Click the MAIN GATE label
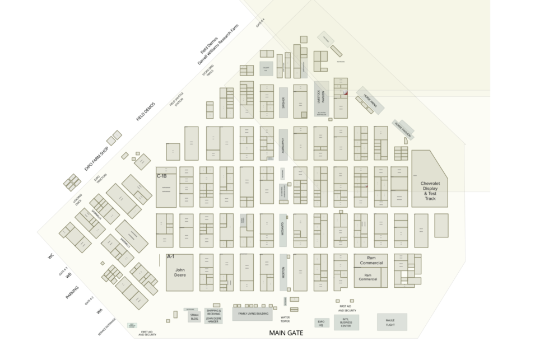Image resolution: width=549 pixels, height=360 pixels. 286,333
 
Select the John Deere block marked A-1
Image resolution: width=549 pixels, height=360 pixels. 179,273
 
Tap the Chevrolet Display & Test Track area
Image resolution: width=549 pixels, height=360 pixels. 430,191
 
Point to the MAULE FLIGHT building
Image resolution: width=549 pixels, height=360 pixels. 391,322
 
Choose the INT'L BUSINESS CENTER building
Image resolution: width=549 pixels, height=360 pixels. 346,322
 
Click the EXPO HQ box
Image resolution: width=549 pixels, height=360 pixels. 321,323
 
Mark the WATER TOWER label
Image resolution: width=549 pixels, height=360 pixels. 285,319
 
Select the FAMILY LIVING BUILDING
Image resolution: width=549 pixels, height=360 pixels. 252,314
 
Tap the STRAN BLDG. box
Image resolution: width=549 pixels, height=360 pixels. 194,317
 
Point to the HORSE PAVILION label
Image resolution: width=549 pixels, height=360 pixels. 404,129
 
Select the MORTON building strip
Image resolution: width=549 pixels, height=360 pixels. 283,273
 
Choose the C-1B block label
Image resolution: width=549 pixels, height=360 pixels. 162,176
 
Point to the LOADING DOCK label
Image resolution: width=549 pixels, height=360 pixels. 77,200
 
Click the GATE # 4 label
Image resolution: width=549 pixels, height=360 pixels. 260,23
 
